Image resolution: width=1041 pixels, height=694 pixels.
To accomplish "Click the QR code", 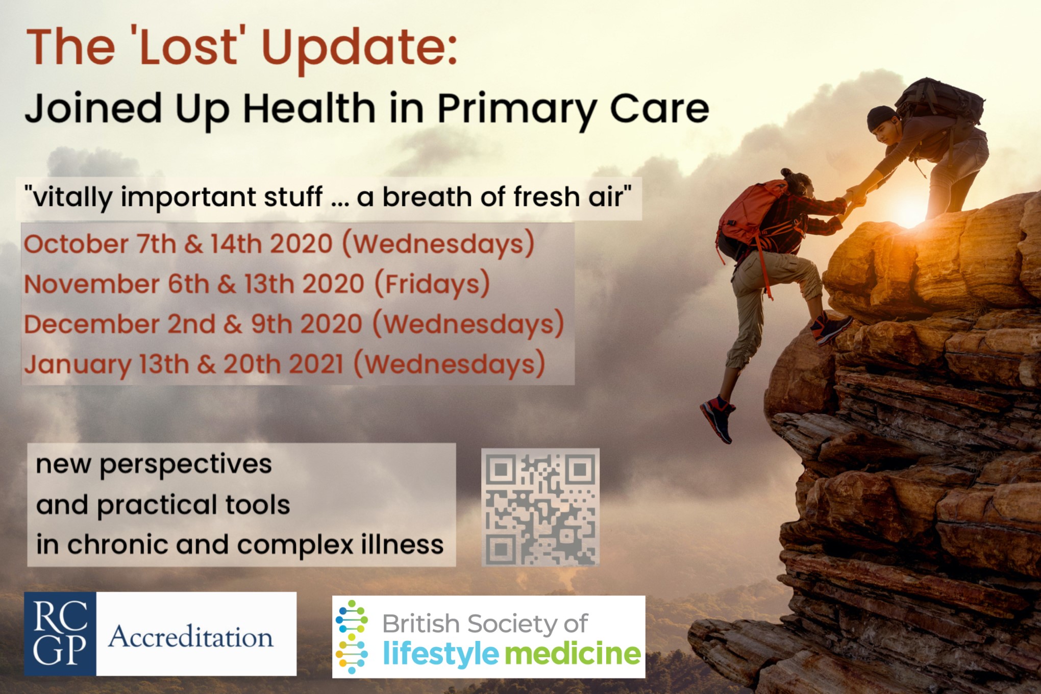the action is (x=540, y=507).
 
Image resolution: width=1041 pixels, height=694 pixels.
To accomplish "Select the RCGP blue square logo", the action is (x=60, y=634).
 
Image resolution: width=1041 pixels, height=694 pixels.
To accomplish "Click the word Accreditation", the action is (x=190, y=637).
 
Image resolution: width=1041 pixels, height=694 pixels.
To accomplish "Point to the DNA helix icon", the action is (x=352, y=637).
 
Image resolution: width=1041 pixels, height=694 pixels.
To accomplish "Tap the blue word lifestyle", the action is (x=441, y=654).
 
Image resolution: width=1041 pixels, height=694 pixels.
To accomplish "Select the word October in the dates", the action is (x=76, y=244).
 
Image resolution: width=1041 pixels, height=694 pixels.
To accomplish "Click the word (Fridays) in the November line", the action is (x=432, y=284).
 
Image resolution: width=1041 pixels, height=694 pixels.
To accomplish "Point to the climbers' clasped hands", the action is (x=854, y=199).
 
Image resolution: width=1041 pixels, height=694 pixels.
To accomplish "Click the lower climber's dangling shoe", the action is (x=718, y=418).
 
